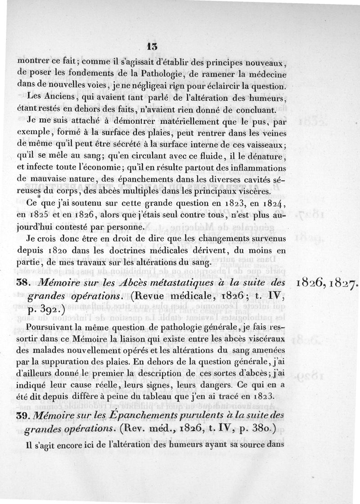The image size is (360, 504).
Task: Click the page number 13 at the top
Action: click(151, 46)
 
